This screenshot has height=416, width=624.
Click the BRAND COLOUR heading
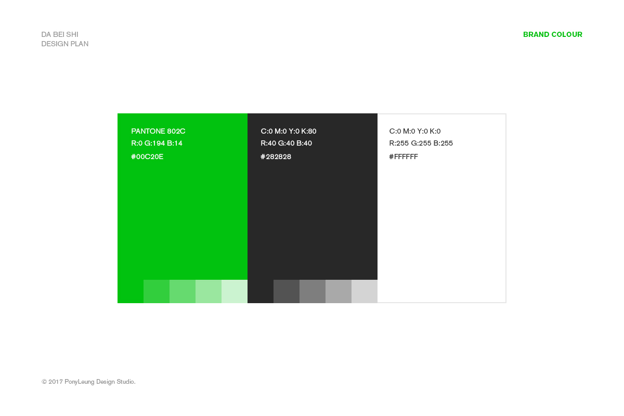click(x=552, y=34)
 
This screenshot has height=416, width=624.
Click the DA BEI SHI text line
click(x=60, y=34)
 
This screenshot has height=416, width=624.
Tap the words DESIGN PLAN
click(x=65, y=44)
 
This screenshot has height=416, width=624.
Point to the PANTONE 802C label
click(x=158, y=131)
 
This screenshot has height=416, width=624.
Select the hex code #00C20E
click(x=147, y=157)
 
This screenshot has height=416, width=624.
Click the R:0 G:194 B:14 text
click(x=157, y=143)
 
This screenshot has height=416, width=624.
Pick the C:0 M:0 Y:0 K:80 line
click(x=289, y=131)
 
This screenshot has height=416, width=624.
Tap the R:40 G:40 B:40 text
click(x=287, y=143)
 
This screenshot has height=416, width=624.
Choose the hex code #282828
click(x=276, y=157)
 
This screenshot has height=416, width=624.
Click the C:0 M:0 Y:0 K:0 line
click(x=415, y=131)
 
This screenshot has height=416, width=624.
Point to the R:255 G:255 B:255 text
click(x=421, y=143)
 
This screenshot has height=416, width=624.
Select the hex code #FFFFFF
click(x=404, y=157)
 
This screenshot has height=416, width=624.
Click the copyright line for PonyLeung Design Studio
click(x=88, y=382)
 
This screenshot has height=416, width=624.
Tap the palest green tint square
click(x=235, y=291)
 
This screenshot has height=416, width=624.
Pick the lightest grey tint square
click(x=365, y=291)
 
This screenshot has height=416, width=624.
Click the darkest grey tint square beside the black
click(x=287, y=291)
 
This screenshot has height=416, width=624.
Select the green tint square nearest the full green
click(x=157, y=291)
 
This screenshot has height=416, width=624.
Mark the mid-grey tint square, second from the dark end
click(x=313, y=291)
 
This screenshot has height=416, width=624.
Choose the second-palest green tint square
click(x=209, y=291)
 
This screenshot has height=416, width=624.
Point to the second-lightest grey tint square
click(x=339, y=291)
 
